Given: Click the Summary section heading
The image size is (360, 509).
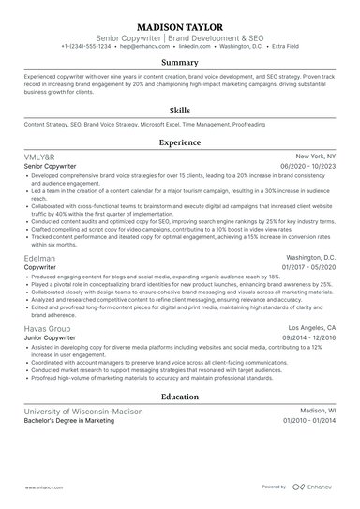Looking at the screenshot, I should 180,63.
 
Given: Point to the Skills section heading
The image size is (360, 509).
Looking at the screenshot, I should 180,109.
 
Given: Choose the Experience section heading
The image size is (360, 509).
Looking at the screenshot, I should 180,142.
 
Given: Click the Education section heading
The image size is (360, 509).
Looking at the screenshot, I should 180,397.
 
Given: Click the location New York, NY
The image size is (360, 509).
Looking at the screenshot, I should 316,156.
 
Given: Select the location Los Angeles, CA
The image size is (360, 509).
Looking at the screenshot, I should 312,330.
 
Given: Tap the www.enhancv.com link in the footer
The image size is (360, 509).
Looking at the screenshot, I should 42,487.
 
